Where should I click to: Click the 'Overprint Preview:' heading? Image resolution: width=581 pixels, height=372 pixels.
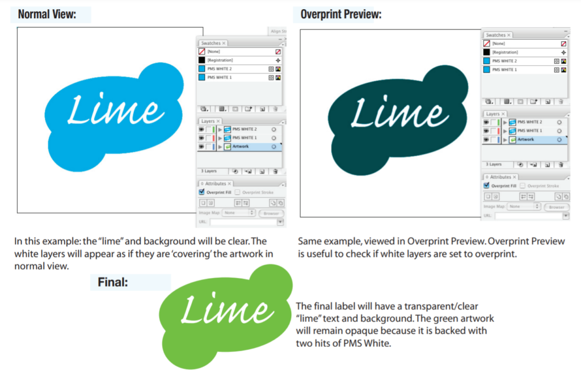pos(340,14)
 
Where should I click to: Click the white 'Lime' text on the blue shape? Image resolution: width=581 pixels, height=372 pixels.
pos(116,110)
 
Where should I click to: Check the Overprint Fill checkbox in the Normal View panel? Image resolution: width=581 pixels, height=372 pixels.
pos(202,192)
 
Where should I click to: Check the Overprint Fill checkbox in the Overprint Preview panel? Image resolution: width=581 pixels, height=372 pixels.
pos(486,186)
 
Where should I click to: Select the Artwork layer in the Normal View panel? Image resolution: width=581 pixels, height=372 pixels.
pos(241,146)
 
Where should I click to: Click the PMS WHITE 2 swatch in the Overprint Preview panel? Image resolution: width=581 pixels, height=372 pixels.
pos(504,61)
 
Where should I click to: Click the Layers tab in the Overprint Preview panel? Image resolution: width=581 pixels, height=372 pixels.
pos(492,114)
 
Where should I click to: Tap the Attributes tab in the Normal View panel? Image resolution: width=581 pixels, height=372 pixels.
pos(216,183)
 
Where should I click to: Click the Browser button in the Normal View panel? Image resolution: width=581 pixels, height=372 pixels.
pos(271,214)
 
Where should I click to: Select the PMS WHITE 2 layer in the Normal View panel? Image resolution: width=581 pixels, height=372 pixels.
pos(245,129)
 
